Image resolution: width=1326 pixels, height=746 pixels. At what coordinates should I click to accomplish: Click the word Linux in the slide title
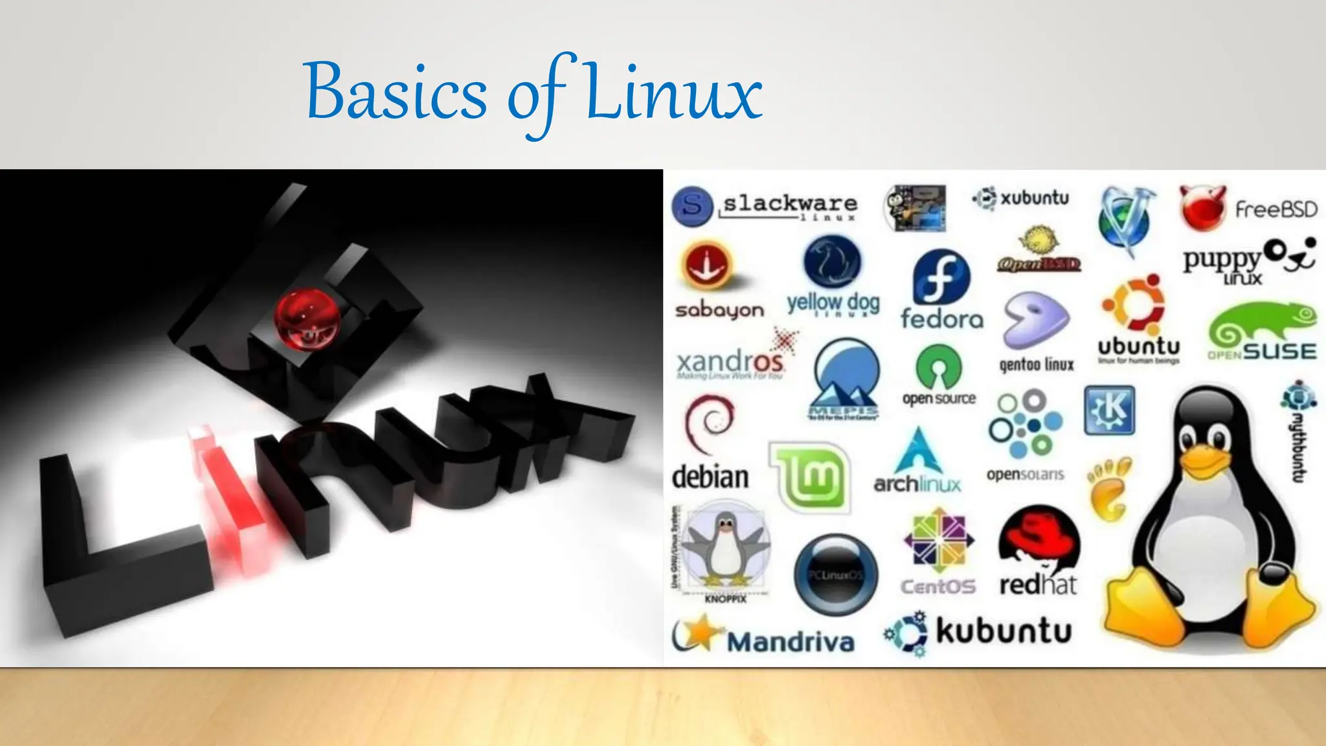coord(673,94)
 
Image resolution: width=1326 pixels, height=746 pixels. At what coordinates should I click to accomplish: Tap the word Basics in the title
coord(395,94)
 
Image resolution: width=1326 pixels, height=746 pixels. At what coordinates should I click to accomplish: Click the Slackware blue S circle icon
coord(692,206)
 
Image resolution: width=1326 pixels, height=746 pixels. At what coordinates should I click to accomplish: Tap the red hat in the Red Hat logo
coord(1039,537)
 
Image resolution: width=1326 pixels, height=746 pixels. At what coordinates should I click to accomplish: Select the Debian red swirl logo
coord(710,424)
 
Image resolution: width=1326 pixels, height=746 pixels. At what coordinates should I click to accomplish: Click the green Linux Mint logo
coord(810,477)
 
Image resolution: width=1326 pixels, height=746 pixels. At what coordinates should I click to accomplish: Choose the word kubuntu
coord(1004,631)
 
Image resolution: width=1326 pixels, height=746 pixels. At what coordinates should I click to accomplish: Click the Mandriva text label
coord(791,642)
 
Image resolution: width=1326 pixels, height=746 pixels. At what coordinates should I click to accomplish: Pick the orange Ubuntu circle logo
coord(1134,304)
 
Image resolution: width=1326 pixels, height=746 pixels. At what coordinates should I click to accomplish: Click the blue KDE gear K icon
coord(1109,411)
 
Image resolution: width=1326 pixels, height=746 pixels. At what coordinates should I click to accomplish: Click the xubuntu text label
coord(1034,198)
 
